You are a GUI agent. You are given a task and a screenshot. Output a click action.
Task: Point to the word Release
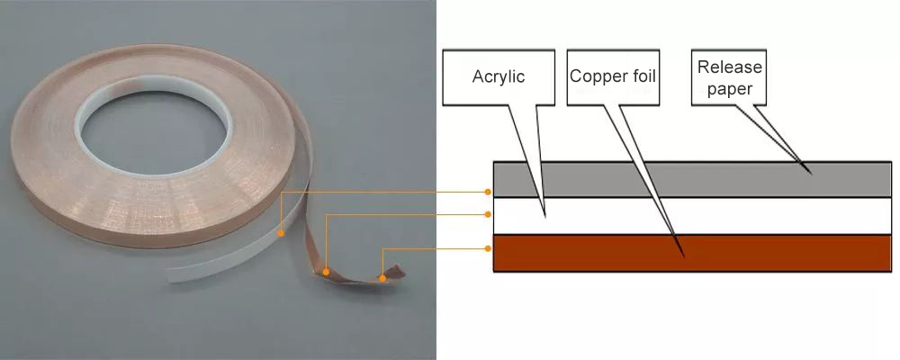coord(729,67)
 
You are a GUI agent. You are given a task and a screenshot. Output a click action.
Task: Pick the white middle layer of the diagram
coord(684,216)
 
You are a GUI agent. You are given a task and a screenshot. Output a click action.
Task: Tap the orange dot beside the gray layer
coord(488,192)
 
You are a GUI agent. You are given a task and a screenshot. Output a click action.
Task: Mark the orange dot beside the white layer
coord(488,214)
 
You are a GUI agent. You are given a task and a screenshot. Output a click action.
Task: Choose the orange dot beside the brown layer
coord(488,247)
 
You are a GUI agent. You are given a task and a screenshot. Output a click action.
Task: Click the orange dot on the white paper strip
coord(281,234)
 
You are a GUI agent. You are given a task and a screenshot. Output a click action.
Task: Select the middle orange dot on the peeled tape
coord(326,270)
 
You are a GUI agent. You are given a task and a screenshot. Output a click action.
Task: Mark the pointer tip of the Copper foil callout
coord(684,256)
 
